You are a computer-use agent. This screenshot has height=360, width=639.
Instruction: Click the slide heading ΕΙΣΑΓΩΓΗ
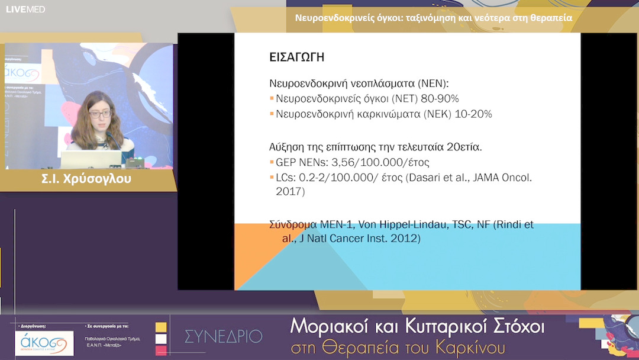click(x=296, y=57)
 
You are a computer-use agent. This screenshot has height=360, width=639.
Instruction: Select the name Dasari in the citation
click(x=424, y=177)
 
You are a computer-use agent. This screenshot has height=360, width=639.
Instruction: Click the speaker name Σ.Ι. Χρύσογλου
click(x=86, y=179)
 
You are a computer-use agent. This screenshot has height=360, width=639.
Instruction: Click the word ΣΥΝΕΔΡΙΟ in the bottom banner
click(x=223, y=336)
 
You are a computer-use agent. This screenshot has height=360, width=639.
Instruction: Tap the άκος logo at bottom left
click(x=44, y=343)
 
